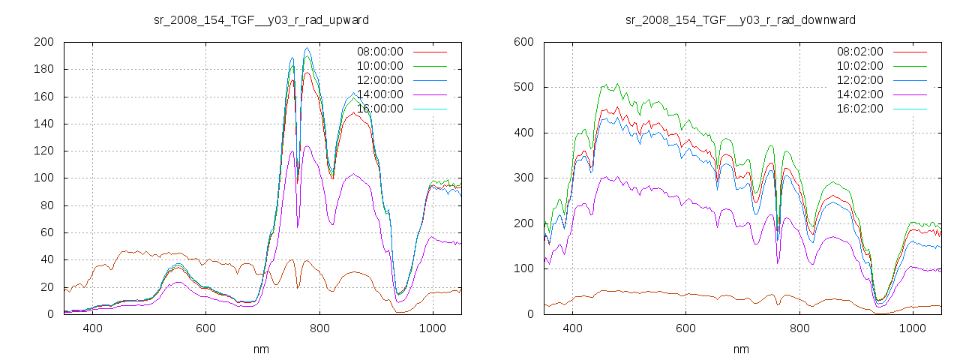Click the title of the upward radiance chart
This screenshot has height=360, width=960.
261,19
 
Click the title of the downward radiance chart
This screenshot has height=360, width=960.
740,19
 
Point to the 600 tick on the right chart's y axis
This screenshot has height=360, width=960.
523,42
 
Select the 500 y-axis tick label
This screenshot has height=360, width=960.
523,87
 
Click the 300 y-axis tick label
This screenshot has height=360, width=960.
523,178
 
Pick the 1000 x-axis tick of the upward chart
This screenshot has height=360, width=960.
432,328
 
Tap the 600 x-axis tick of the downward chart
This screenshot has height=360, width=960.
685,328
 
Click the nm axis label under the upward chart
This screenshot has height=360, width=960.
261,349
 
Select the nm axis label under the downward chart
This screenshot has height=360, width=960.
740,349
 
